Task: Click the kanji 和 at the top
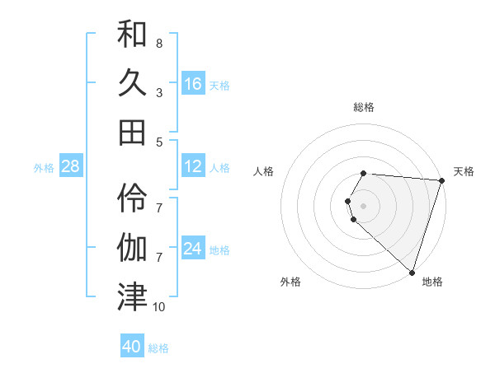[x=132, y=35]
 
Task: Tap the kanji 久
[x=132, y=83]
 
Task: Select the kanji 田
[x=132, y=132]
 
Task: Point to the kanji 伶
[x=132, y=197]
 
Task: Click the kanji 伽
[x=132, y=246]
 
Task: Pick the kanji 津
[x=132, y=295]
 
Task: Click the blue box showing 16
[x=193, y=83]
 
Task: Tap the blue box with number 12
[x=193, y=166]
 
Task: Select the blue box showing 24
[x=193, y=248]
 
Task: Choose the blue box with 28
[x=71, y=166]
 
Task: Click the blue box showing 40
[x=132, y=347]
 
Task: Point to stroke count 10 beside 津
[x=158, y=307]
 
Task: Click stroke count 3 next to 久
[x=158, y=92]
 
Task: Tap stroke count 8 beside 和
[x=158, y=43]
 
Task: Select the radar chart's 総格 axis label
[x=364, y=107]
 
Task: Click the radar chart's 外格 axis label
[x=290, y=282]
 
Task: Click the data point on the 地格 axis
[x=411, y=272]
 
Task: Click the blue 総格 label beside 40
[x=158, y=348]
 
